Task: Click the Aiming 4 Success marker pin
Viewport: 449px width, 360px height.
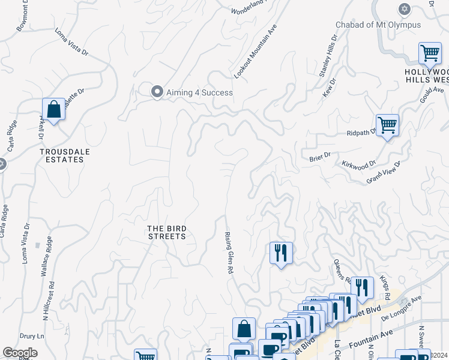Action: coord(157,92)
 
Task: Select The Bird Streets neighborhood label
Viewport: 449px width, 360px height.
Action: coord(167,232)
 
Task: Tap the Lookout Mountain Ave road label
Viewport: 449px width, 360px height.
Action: coord(255,52)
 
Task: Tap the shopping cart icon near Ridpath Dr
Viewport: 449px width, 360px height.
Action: coord(387,125)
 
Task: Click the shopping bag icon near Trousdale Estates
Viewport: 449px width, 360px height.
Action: coord(53,109)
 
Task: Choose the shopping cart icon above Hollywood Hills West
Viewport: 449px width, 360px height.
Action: coord(430,54)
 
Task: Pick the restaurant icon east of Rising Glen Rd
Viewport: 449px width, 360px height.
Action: coord(280,253)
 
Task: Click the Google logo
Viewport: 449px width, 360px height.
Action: coord(20,353)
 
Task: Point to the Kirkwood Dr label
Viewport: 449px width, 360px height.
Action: coord(358,163)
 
